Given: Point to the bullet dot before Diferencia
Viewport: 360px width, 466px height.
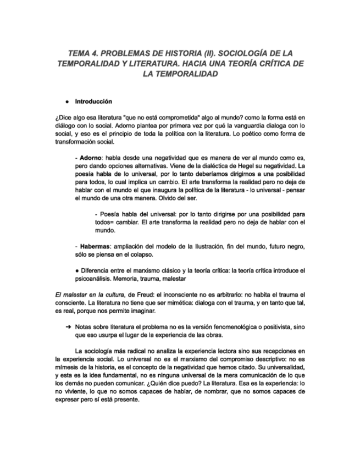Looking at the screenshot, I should coord(77,271).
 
